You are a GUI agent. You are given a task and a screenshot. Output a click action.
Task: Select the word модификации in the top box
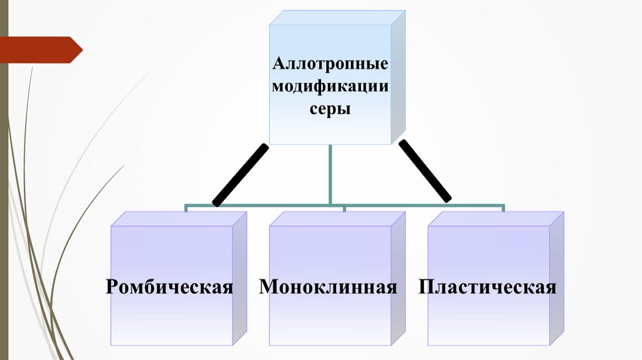330,87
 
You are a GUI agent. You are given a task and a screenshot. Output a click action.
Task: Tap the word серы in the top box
330,108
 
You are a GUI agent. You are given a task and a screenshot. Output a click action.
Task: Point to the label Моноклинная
329,287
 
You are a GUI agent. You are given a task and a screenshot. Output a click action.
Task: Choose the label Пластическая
488,287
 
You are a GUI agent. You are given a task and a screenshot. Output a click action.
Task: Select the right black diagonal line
425,171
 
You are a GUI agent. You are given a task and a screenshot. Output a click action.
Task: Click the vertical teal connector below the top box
330,174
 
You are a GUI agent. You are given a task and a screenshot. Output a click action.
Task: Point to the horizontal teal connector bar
263,205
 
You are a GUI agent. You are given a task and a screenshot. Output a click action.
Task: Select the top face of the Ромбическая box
179,219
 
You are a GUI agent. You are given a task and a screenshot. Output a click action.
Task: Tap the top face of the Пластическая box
496,219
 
